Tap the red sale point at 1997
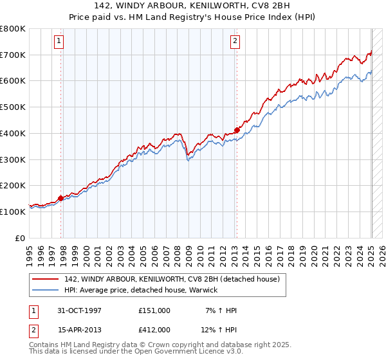coord(61,198)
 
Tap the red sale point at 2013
coord(237,130)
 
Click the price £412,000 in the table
coord(154,329)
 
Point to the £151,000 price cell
coord(154,310)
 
